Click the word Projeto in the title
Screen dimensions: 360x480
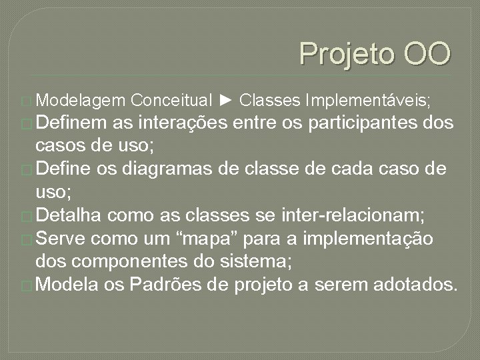tap(341, 54)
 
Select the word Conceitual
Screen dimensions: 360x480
tap(172, 101)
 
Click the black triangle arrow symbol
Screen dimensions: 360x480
tap(225, 101)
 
